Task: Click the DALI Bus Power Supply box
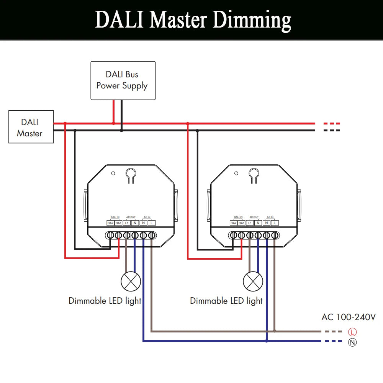(x=123, y=80)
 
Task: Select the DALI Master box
(x=31, y=127)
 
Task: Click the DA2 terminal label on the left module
(x=110, y=223)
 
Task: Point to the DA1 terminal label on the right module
(x=242, y=223)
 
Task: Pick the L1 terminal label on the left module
(x=127, y=223)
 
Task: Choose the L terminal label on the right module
(x=275, y=223)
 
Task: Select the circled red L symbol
(x=352, y=332)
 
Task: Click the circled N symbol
(x=352, y=342)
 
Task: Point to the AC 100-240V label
(x=349, y=317)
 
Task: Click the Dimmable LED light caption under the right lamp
(x=226, y=301)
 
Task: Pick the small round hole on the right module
(x=236, y=173)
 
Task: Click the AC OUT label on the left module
(x=131, y=217)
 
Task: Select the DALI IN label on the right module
(x=238, y=217)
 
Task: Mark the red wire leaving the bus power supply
(x=113, y=111)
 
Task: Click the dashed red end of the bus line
(x=332, y=124)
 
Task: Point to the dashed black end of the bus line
(x=332, y=131)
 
